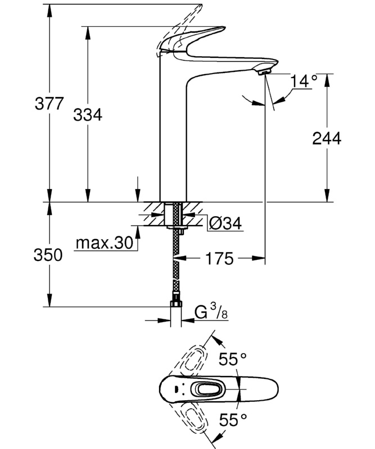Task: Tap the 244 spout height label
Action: (x=327, y=138)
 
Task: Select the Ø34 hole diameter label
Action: (x=224, y=223)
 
